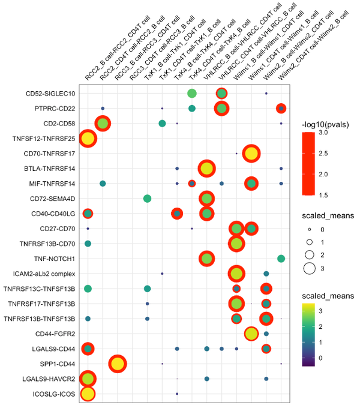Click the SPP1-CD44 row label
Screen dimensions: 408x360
coord(56,364)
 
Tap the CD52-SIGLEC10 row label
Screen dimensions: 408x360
coord(50,94)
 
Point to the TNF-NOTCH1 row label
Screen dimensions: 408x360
coord(55,259)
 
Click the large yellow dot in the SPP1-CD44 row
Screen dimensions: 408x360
coord(118,364)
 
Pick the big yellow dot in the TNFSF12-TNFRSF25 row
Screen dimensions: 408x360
coord(88,139)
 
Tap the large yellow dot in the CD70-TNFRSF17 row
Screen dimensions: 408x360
coord(251,154)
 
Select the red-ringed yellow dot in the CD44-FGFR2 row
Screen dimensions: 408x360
coord(251,334)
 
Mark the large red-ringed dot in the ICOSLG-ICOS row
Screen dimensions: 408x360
coord(88,394)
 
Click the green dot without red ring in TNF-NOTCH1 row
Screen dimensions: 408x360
coord(281,259)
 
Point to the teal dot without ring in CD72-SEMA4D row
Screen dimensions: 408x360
coord(147,199)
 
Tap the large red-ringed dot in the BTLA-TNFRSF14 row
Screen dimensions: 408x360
coord(206,169)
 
